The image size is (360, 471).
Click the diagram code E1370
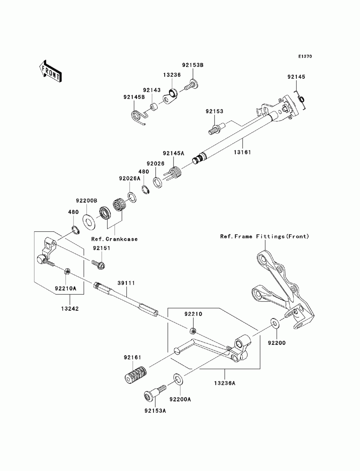tap(305, 56)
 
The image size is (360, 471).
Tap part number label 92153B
tap(193, 65)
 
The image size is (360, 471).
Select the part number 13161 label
tap(242, 152)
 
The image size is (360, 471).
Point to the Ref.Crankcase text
tap(114, 239)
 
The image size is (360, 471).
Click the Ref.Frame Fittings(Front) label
tap(265, 236)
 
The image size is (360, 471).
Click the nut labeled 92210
tap(193, 331)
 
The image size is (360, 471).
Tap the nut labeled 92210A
tap(67, 272)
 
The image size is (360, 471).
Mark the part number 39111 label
tap(126, 283)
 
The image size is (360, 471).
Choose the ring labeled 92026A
tap(132, 198)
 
